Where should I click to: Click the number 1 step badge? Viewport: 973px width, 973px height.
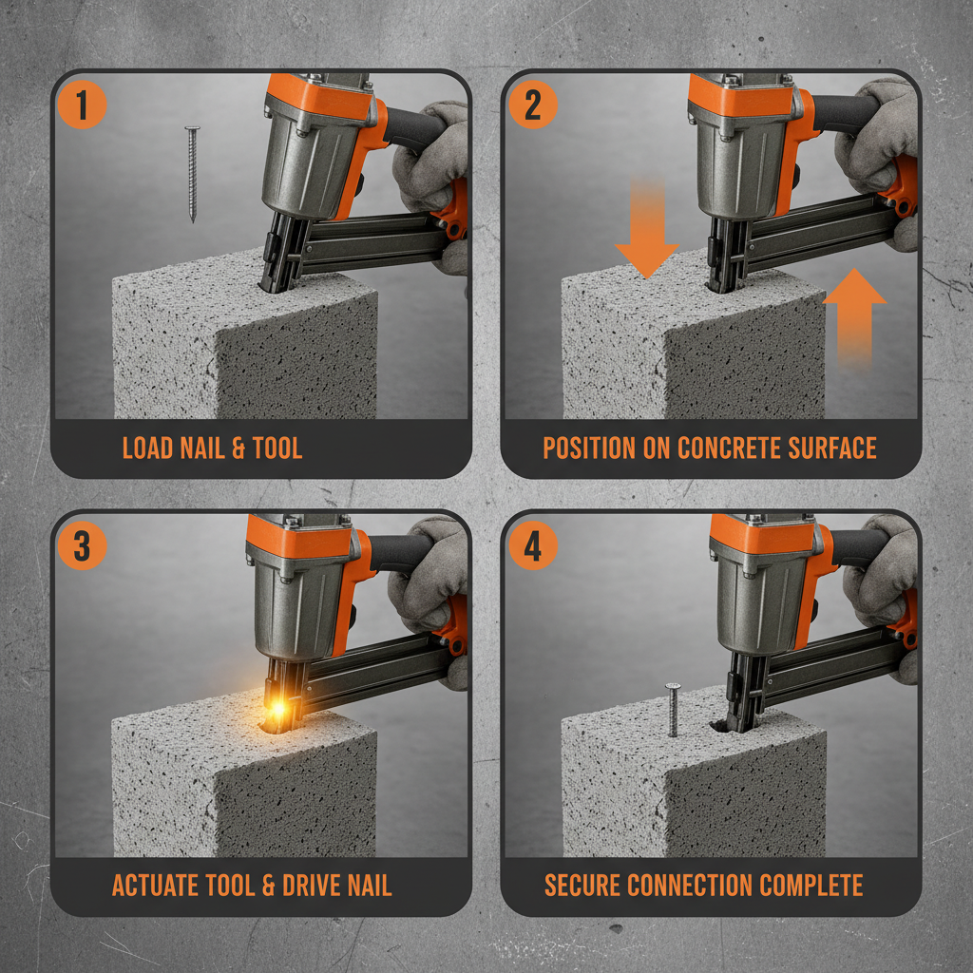(x=82, y=105)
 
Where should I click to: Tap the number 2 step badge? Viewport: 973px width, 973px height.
(x=532, y=105)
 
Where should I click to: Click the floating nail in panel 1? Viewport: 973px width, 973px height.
(x=193, y=174)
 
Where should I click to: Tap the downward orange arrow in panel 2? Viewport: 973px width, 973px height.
(x=646, y=233)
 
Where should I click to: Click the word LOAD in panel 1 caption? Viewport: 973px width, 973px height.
(x=149, y=448)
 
